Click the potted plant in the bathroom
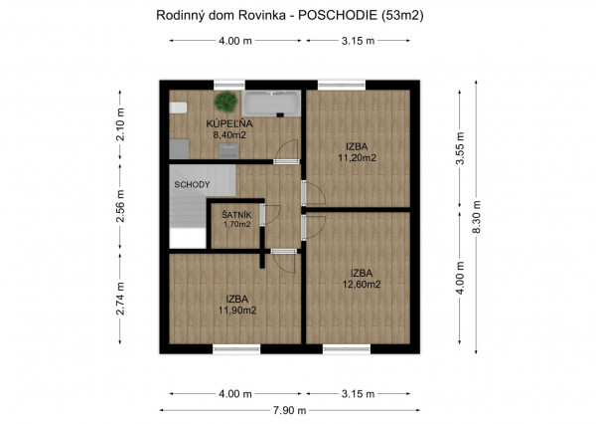(227, 102)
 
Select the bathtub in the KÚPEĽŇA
(270, 105)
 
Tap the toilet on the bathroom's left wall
(178, 108)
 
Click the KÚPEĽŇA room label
(229, 123)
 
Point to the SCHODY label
(192, 185)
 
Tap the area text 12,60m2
(361, 284)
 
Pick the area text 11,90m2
(236, 310)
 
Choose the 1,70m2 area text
(236, 225)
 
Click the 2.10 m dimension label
(120, 126)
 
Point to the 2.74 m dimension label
(120, 298)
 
